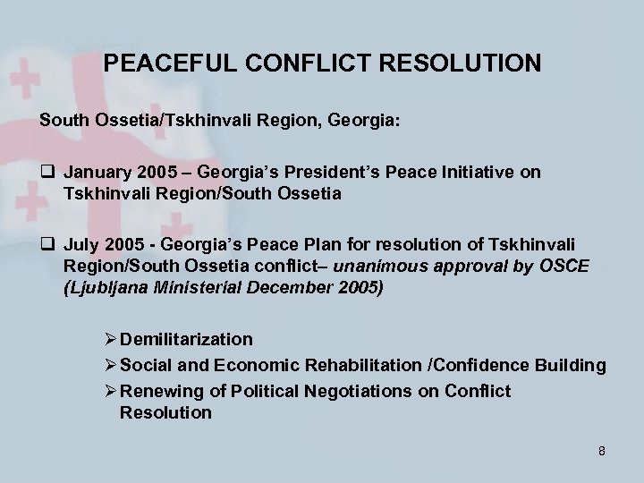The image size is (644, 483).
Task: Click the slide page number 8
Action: coord(602,451)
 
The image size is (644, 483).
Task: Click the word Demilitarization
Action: coord(186,339)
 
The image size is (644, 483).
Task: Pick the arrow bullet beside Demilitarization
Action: coord(110,339)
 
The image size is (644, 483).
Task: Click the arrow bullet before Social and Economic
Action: coord(110,365)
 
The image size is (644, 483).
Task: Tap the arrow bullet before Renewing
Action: coord(110,391)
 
